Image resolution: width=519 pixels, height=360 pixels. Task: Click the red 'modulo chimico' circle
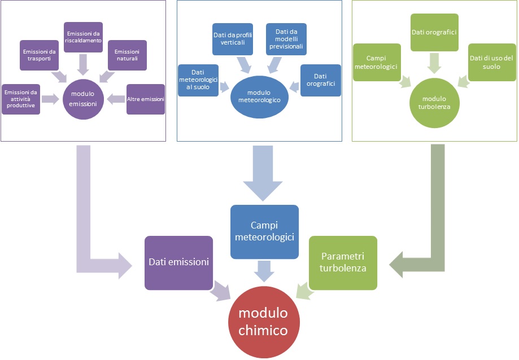point(262,322)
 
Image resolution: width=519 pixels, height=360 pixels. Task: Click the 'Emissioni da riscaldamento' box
point(84,37)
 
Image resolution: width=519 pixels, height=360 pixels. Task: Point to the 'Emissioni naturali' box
point(127,55)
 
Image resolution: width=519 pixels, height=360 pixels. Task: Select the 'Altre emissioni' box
point(146,99)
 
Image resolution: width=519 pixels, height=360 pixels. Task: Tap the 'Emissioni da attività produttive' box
point(21,99)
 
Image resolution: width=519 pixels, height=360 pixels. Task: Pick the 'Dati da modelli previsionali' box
point(286,39)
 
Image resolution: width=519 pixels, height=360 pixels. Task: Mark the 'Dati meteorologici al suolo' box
point(198,80)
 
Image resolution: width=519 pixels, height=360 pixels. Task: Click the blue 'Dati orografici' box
point(321,80)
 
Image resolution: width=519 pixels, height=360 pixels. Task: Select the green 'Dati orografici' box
point(434,33)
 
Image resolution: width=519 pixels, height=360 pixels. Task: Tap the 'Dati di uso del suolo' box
point(492,62)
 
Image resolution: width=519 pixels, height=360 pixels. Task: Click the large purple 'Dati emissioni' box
point(179,262)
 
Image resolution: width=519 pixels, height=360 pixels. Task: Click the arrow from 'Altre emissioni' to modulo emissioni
point(116,99)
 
